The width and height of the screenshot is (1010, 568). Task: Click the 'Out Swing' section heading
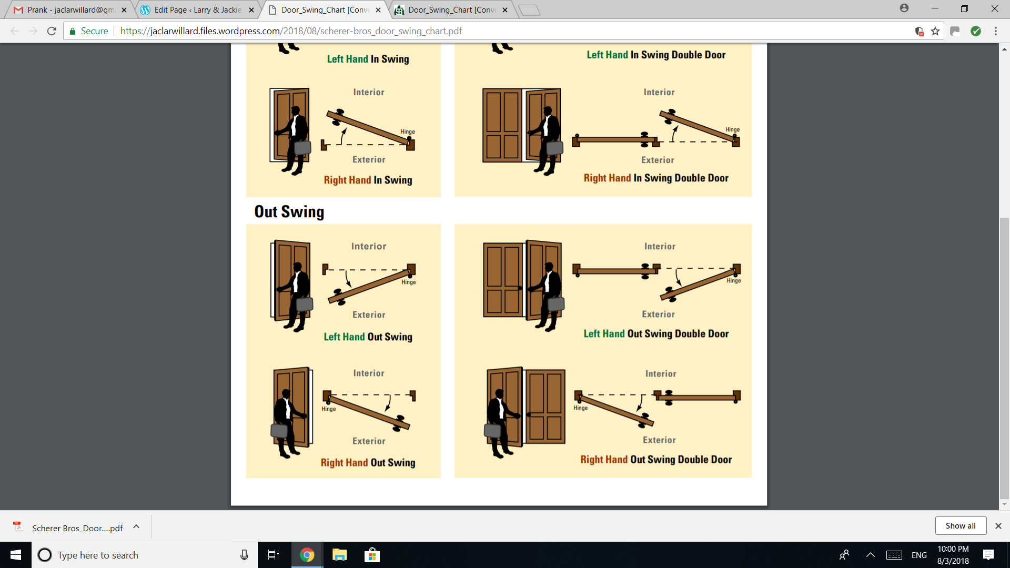point(289,211)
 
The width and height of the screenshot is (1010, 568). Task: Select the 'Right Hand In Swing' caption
point(368,180)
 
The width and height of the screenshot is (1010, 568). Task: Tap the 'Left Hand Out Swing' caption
point(368,337)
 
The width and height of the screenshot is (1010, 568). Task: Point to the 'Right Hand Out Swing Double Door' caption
point(656,459)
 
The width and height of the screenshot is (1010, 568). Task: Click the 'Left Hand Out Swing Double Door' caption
point(656,333)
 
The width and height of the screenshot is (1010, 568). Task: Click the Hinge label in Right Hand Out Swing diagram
point(329,409)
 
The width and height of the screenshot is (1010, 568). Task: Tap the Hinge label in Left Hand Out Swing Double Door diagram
point(734,281)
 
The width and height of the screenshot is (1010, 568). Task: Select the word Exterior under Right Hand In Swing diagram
point(369,159)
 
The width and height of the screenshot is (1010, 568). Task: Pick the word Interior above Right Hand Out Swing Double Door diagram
point(661,373)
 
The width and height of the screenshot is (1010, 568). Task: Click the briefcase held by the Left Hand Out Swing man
point(305,304)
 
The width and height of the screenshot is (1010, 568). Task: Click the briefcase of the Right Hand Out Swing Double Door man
point(492,431)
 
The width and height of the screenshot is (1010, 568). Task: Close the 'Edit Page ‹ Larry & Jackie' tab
point(251,10)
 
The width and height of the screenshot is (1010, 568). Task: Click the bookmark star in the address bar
point(935,31)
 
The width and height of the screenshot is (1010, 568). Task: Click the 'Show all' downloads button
point(961,526)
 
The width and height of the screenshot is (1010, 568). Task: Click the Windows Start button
point(16,555)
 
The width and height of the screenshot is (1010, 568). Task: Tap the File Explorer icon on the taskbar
point(339,555)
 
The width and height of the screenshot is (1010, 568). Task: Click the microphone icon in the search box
point(244,555)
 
